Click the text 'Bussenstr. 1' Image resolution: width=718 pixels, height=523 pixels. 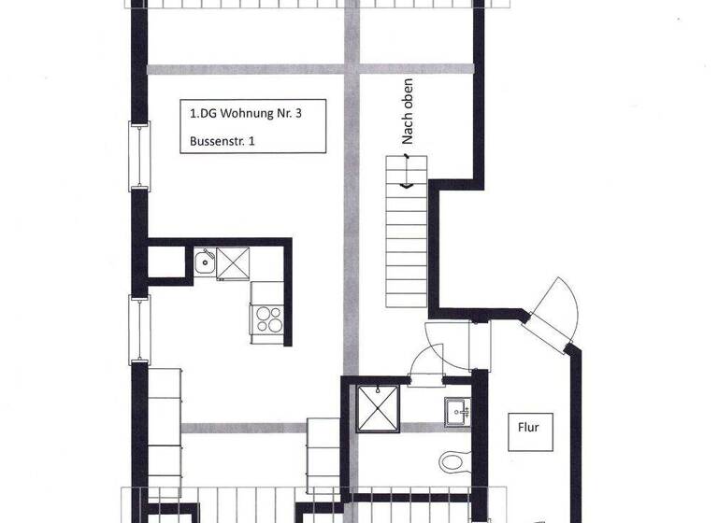coord(222,142)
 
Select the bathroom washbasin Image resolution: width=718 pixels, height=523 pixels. coord(457,410)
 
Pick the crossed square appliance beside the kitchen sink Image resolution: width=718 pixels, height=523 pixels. coord(234,263)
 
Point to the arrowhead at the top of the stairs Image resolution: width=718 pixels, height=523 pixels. coord(408,185)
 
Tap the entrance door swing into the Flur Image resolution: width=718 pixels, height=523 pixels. coord(559,308)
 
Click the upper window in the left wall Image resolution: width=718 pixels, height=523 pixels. coord(139,156)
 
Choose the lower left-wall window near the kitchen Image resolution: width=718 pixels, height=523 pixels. coord(139,328)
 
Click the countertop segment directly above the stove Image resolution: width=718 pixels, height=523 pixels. coord(266,292)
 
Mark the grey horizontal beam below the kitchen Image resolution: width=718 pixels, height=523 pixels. coord(243,429)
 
